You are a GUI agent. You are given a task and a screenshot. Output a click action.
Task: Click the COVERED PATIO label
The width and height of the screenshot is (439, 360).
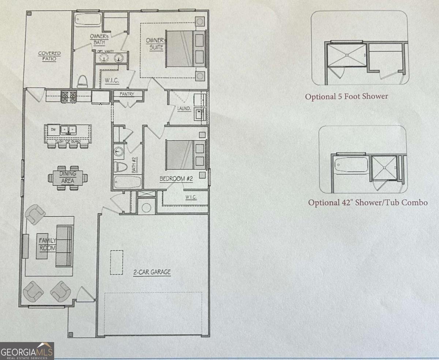click(x=49, y=56)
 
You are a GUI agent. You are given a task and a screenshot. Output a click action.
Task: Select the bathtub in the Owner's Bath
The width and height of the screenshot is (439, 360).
click(x=87, y=19)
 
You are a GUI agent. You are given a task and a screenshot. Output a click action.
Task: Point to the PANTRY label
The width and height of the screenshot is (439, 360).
click(x=127, y=94)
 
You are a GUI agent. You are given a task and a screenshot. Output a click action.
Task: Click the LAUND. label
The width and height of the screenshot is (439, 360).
click(x=184, y=108)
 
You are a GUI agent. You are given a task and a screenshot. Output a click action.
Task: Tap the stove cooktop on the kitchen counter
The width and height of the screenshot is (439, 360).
click(x=68, y=96)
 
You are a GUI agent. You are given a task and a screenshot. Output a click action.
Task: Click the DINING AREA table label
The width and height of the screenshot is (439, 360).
click(x=68, y=177)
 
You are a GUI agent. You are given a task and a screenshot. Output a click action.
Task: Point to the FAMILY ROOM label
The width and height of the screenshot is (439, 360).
click(x=48, y=244)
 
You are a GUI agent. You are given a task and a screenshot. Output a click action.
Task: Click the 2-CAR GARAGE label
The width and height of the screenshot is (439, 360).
click(x=152, y=272)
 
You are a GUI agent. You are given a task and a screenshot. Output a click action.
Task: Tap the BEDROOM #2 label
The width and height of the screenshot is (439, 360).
click(x=176, y=179)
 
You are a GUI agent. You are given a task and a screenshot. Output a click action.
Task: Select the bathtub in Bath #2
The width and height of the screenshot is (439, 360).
click(x=127, y=182)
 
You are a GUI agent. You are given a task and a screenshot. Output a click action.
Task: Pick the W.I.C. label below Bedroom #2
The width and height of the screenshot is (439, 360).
click(x=191, y=197)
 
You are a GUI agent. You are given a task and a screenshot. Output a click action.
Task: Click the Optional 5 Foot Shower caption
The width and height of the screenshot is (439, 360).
click(x=346, y=97)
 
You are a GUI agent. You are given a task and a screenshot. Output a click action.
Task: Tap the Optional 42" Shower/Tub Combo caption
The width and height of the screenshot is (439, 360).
click(x=368, y=202)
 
